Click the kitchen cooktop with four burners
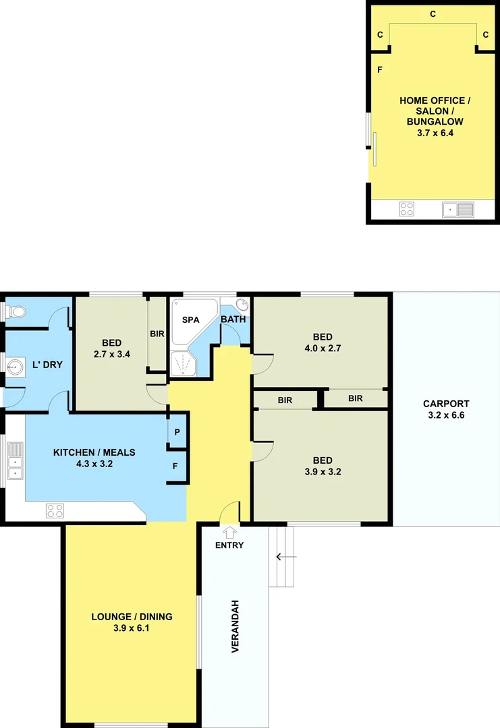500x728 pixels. point(55,511)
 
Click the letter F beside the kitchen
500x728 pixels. point(175,466)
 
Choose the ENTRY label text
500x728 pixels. point(229,545)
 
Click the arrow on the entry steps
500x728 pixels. point(282,557)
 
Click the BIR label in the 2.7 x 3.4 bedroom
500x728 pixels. point(157,334)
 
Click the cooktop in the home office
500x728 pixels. point(407,209)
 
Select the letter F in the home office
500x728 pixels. point(380,69)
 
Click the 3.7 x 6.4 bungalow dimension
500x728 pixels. point(435,133)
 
